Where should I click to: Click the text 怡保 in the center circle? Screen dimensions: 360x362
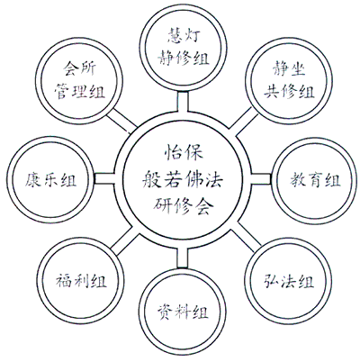184,152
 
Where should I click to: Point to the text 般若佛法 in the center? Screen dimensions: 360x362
183,179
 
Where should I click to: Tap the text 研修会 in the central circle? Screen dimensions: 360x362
184,206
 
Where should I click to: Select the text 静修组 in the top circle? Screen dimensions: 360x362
184,58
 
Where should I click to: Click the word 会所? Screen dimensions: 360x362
79,68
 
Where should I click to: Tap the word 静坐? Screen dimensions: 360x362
289,68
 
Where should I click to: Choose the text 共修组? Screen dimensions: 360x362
289,91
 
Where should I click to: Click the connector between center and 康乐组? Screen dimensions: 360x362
105,179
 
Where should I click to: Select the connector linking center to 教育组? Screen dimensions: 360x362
261,179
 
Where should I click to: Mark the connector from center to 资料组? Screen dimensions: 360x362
183,258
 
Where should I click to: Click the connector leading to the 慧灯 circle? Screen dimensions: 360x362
183,102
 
